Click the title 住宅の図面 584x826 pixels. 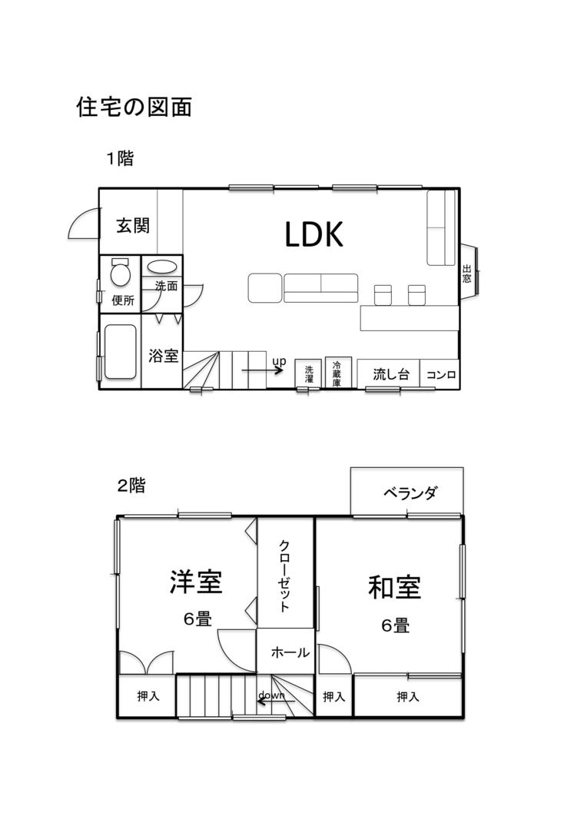coord(134,107)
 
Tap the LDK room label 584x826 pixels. coord(314,234)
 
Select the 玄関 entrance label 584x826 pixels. coord(133,225)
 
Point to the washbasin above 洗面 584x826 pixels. coord(161,267)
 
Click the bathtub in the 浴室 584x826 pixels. coord(121,351)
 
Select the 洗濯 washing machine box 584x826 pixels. coord(309,374)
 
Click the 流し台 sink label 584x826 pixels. coord(390,374)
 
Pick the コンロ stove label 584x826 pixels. coord(441,374)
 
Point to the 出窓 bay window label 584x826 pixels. coord(466,274)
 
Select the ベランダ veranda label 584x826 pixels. coord(410,493)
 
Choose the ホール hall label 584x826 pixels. coord(290,652)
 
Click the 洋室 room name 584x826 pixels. coord(196,582)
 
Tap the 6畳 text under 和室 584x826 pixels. coord(396,625)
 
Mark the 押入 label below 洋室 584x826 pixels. coord(148,696)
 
